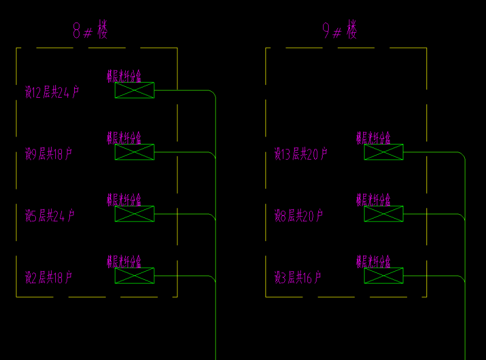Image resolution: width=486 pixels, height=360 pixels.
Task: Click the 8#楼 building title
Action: click(x=90, y=30)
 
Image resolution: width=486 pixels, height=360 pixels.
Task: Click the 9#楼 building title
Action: click(x=340, y=30)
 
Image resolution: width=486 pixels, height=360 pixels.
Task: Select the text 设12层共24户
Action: click(x=52, y=92)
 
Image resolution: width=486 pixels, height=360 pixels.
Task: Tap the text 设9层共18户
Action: click(x=49, y=154)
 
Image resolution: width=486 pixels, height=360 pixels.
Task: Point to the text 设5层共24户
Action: click(x=50, y=216)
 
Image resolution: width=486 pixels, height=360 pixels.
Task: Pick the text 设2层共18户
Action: click(x=49, y=278)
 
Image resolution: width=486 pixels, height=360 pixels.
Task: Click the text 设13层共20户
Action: click(x=301, y=154)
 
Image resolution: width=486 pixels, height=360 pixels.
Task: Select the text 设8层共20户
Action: click(x=298, y=216)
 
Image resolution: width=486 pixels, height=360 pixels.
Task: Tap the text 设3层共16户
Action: click(x=298, y=278)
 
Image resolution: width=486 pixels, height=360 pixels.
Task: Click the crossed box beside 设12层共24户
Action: click(x=134, y=90)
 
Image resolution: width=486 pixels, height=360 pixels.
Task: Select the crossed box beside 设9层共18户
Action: click(x=134, y=152)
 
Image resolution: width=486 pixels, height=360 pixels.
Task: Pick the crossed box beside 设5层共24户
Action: click(x=134, y=214)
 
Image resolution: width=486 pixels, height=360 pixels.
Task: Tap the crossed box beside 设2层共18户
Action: click(x=134, y=276)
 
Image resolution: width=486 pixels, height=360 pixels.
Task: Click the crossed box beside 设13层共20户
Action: click(x=383, y=152)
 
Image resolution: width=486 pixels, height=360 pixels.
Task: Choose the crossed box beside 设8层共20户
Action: click(x=383, y=214)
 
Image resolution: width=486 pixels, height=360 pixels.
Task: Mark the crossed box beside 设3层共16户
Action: click(x=383, y=276)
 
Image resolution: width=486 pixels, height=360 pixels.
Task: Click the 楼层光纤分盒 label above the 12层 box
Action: click(x=124, y=76)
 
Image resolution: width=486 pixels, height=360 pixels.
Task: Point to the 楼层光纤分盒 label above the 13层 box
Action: click(x=373, y=138)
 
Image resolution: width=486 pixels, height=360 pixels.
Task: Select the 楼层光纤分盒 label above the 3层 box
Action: click(x=373, y=262)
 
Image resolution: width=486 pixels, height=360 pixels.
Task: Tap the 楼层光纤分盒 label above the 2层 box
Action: click(x=124, y=262)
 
